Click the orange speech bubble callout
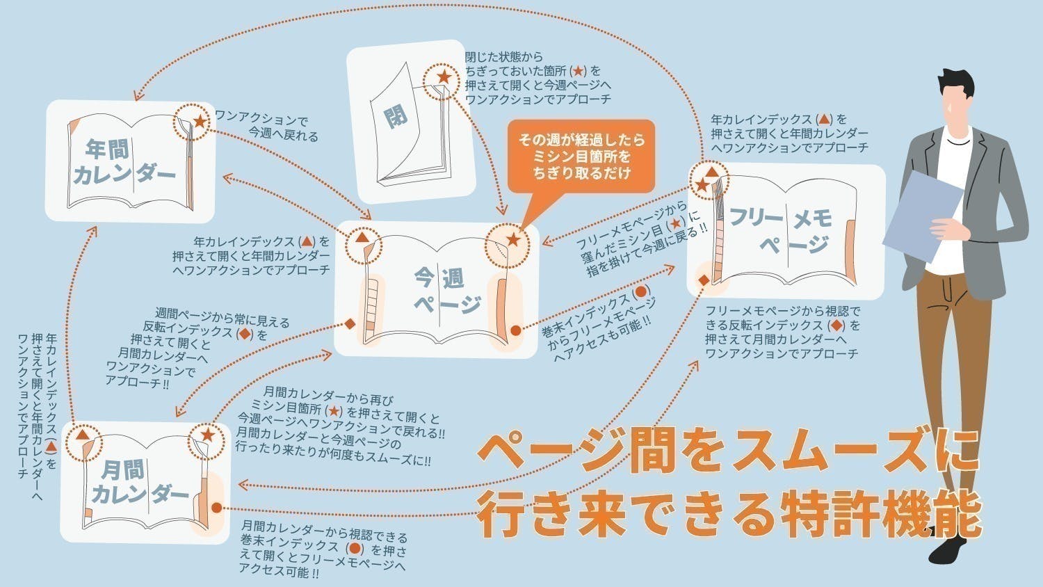tap(581, 156)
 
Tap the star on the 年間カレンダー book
tap(200, 122)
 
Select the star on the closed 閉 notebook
tap(443, 77)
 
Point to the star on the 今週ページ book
tap(513, 240)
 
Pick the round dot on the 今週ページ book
tap(515, 331)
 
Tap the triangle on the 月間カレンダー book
tap(83, 435)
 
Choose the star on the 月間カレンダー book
tap(207, 435)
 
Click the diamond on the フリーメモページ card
tap(704, 280)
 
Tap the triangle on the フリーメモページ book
tap(711, 171)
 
